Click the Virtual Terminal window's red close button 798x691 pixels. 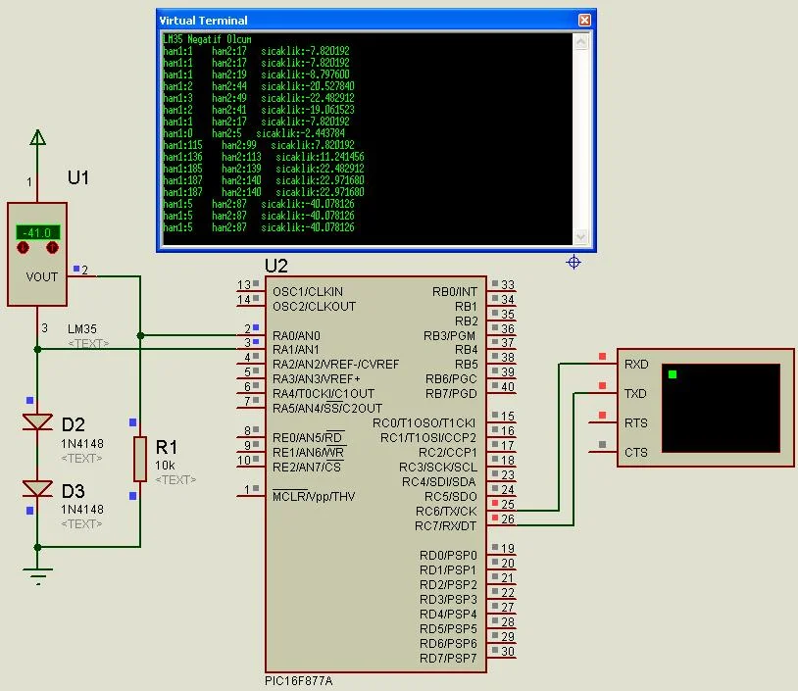click(584, 20)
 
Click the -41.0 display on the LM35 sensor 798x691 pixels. click(37, 232)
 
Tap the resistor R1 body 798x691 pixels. click(140, 459)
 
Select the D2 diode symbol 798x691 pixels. click(37, 421)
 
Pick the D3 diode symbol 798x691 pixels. click(37, 488)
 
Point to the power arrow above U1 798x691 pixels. click(37, 137)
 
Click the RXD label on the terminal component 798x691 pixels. click(636, 364)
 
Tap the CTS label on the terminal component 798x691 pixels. click(636, 453)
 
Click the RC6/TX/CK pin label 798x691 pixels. click(446, 511)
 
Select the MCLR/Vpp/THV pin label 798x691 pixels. click(314, 496)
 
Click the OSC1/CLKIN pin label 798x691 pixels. click(308, 291)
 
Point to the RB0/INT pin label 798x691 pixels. click(455, 291)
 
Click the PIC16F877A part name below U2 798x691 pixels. click(298, 681)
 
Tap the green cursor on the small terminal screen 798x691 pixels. click(673, 374)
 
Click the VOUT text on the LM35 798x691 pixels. click(42, 276)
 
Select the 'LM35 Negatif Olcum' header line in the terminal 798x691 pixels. click(207, 39)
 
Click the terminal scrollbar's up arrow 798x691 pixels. click(580, 42)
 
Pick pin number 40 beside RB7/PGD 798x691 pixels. click(508, 387)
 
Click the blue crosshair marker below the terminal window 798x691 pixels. click(574, 262)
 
